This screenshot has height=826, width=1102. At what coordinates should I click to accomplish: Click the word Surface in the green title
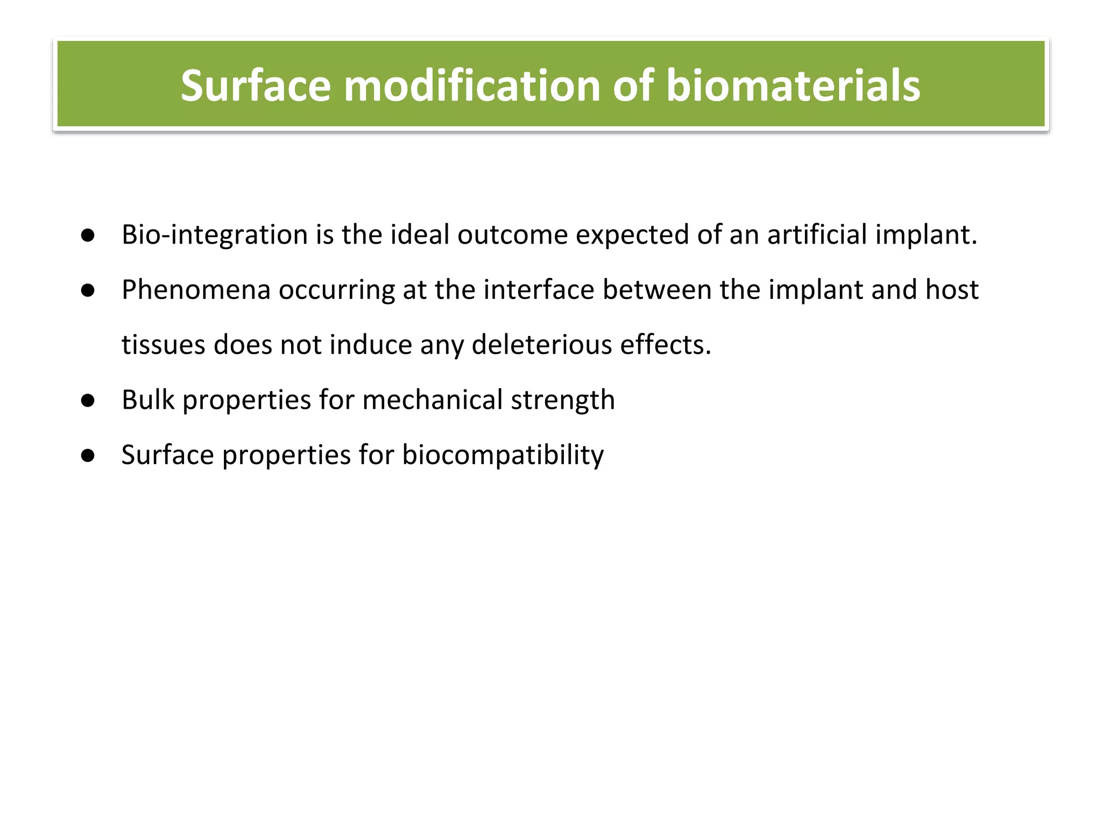coord(256,86)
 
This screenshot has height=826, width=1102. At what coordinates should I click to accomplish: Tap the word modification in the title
coord(472,86)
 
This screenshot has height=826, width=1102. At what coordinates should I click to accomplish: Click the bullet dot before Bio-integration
coord(88,236)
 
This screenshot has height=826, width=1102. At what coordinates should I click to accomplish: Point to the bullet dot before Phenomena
coord(88,291)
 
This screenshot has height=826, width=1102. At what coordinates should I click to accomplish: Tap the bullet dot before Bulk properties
coord(88,401)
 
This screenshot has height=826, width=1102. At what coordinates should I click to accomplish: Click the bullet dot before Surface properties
coord(88,456)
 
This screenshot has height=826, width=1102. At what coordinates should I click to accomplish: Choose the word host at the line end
coord(951,290)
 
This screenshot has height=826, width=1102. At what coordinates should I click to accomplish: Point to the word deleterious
coord(542,345)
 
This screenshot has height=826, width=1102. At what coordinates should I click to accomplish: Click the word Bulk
coord(148,401)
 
